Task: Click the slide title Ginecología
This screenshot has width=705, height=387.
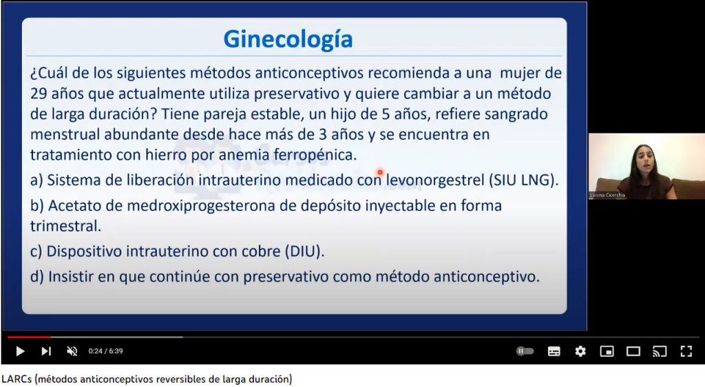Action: click(x=288, y=39)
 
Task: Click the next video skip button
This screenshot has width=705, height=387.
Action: click(x=46, y=351)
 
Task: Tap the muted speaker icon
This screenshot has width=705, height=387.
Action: click(x=72, y=351)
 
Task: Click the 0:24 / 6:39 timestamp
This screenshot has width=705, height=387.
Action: click(x=105, y=351)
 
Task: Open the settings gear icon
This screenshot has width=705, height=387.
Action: click(x=580, y=351)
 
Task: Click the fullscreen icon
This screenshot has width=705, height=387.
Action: click(x=686, y=351)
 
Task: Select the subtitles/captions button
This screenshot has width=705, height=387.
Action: click(x=554, y=351)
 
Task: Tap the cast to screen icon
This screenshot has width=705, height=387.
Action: click(x=660, y=351)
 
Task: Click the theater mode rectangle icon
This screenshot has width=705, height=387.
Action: click(x=633, y=351)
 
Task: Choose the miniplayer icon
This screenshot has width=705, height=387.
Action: click(x=607, y=351)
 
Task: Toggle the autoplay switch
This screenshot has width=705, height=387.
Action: click(x=525, y=351)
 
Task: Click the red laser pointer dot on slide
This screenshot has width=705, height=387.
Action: click(x=380, y=172)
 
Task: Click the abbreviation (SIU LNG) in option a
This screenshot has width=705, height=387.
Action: click(x=523, y=180)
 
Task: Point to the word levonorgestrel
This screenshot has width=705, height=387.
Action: click(x=435, y=180)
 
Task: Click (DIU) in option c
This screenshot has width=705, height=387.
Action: click(x=304, y=251)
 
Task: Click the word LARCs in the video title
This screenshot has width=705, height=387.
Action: click(x=17, y=379)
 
